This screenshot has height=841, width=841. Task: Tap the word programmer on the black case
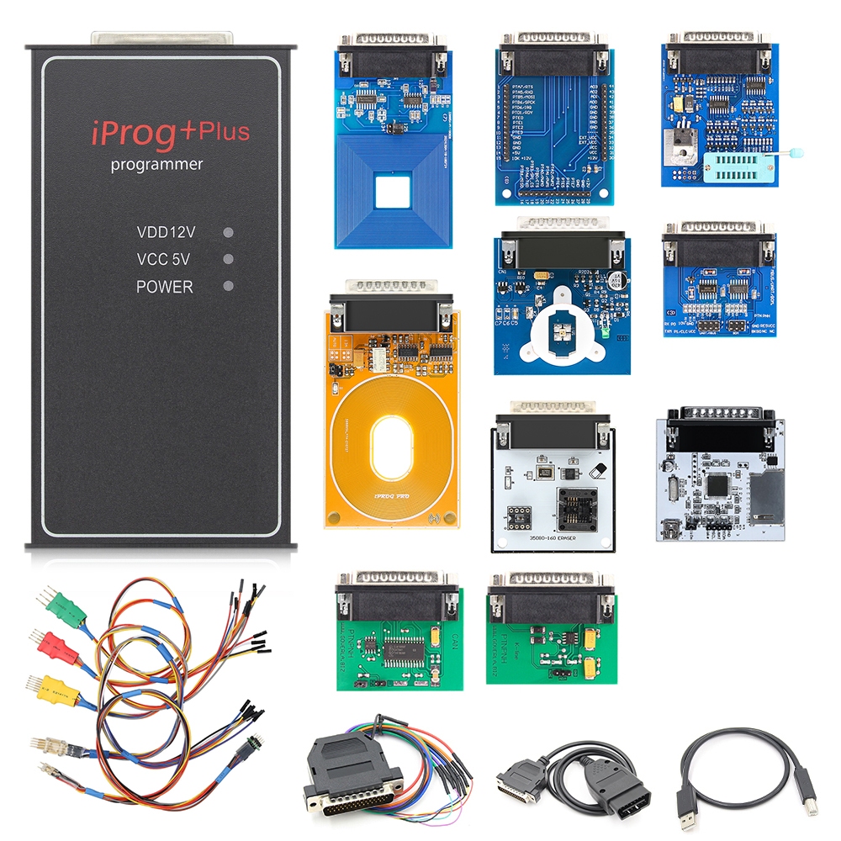point(156,165)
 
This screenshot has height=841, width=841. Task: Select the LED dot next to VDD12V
point(228,232)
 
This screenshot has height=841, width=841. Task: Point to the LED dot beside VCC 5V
point(228,259)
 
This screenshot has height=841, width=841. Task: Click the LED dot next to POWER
point(228,287)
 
